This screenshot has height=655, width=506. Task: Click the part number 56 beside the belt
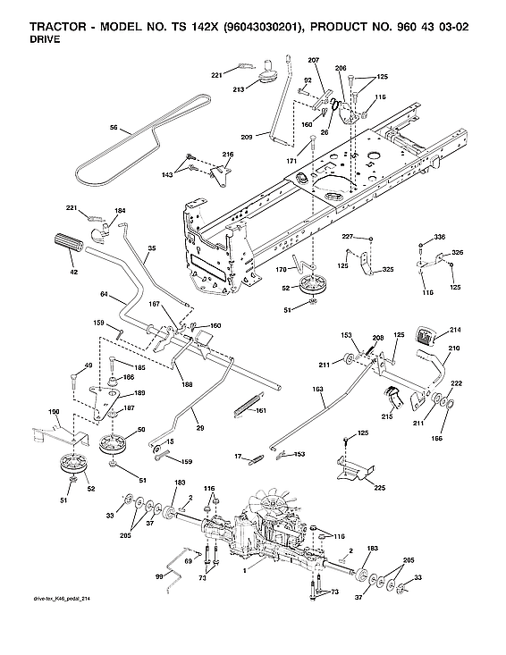114,129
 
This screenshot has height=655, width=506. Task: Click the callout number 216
228,155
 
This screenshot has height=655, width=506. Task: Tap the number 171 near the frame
291,160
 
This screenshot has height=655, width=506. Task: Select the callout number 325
388,269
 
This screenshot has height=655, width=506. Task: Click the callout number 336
439,236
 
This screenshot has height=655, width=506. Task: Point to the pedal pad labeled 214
426,338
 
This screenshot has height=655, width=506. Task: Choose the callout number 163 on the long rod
317,390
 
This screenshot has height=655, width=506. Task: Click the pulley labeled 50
114,441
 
